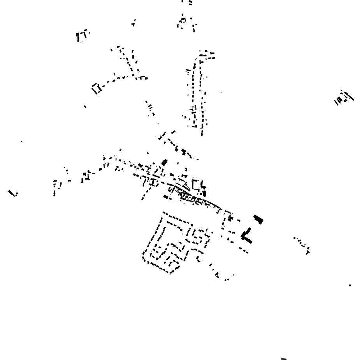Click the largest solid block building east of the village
258,219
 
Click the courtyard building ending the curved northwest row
96,88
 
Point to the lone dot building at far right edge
350,285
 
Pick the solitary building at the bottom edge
284,357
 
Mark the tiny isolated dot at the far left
21,141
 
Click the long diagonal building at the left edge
12,192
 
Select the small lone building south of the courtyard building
85,106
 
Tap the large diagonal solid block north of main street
164,162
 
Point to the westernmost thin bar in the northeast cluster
336,102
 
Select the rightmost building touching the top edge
190,3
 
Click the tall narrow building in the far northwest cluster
78,37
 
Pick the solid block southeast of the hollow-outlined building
204,193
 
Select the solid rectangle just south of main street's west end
167,198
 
